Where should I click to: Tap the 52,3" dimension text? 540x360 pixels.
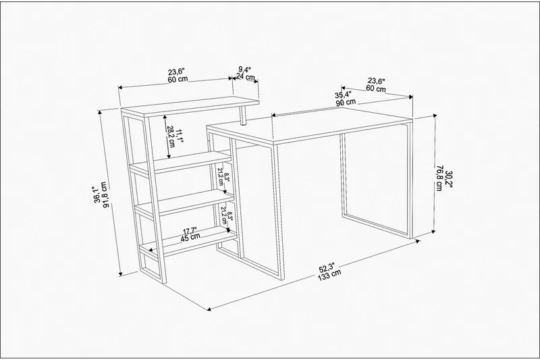(x=328, y=265)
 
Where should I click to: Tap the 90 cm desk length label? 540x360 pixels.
(x=346, y=103)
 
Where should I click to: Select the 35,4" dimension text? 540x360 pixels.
(x=345, y=95)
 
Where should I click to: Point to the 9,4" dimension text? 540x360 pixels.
(x=246, y=69)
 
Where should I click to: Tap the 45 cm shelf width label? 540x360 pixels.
(x=190, y=236)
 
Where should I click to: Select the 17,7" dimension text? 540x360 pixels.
(x=190, y=229)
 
